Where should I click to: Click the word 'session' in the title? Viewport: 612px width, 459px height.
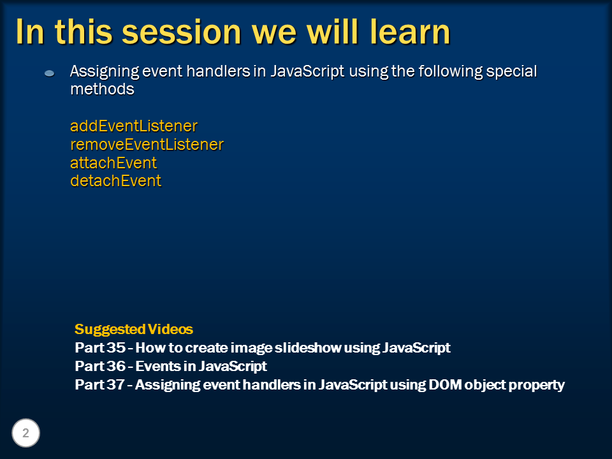click(x=182, y=33)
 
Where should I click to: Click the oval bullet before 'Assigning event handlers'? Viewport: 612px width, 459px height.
click(x=49, y=73)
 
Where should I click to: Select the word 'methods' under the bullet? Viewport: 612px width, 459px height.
click(x=102, y=89)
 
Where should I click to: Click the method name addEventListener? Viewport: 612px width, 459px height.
click(x=134, y=126)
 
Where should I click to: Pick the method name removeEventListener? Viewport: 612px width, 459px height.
click(x=147, y=145)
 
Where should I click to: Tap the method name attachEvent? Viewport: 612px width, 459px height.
click(x=113, y=163)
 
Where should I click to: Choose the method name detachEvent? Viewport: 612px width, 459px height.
click(x=115, y=180)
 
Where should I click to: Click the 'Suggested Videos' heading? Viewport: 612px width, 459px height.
click(x=134, y=330)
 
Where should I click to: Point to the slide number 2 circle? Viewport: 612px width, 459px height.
click(x=25, y=433)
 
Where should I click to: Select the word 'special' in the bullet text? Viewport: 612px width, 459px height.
click(x=512, y=72)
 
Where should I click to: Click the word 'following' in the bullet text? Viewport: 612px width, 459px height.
click(x=451, y=72)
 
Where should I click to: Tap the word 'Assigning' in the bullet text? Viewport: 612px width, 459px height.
click(x=104, y=72)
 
